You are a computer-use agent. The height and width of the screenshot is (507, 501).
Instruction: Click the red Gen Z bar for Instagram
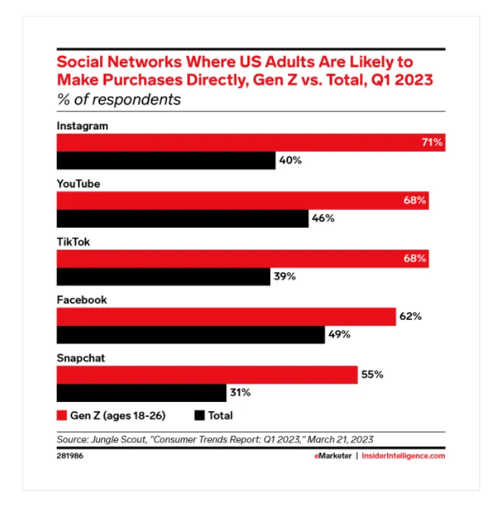(x=250, y=142)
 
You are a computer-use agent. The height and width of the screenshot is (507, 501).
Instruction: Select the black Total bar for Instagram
(x=166, y=160)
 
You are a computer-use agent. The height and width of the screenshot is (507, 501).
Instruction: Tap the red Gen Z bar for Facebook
(x=226, y=316)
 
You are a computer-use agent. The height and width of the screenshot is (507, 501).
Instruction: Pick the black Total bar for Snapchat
(x=141, y=393)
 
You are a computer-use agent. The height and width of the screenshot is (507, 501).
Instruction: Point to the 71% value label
(x=432, y=142)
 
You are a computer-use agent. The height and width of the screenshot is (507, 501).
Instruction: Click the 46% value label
(x=323, y=218)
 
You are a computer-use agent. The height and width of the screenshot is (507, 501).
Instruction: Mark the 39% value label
(x=285, y=276)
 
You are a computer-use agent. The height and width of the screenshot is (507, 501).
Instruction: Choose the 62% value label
(x=410, y=316)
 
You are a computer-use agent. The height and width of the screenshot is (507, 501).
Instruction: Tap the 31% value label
(x=240, y=393)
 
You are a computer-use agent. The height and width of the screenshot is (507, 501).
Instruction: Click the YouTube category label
(x=78, y=183)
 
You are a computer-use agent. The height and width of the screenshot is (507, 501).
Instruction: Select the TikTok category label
(x=73, y=242)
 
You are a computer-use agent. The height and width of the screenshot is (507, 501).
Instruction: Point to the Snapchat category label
(x=81, y=358)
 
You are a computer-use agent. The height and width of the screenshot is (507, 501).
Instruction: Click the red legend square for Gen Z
(x=62, y=416)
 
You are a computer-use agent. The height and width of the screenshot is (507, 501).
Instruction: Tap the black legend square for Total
(x=199, y=416)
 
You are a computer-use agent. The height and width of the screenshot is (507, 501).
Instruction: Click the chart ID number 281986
(x=70, y=456)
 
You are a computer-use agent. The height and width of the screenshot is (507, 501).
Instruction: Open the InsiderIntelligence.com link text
(x=403, y=456)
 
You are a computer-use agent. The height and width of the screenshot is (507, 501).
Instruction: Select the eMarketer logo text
(x=333, y=456)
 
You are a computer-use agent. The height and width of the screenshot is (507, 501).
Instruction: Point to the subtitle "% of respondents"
(x=119, y=99)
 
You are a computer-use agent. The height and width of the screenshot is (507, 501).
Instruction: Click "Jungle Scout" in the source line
(x=119, y=439)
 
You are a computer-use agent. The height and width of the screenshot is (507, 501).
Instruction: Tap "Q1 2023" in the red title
(x=402, y=81)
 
